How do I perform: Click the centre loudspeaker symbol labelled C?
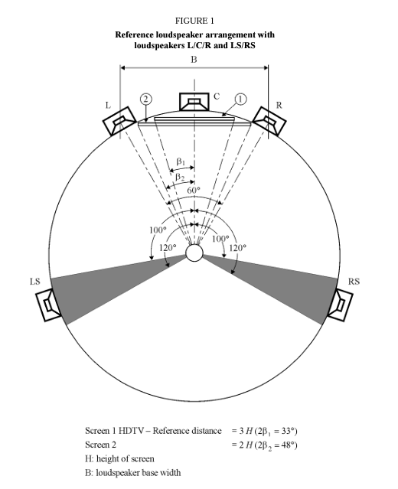point(194,102)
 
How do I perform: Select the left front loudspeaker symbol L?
point(119,121)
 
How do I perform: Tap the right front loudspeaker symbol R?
point(269,121)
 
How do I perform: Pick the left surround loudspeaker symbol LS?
point(48,305)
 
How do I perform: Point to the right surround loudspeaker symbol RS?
point(340,305)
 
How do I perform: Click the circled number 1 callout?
point(240,99)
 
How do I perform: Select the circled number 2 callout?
point(145,99)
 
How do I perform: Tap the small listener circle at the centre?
point(194,253)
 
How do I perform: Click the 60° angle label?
point(194,191)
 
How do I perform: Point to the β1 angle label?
point(181,161)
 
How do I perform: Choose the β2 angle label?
point(180,177)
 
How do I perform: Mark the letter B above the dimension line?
point(194,60)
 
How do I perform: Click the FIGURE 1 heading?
point(194,21)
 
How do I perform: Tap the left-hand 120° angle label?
point(168,248)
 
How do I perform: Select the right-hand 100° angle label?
point(220,239)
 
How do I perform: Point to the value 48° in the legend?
point(288,445)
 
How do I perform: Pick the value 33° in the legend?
point(288,431)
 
